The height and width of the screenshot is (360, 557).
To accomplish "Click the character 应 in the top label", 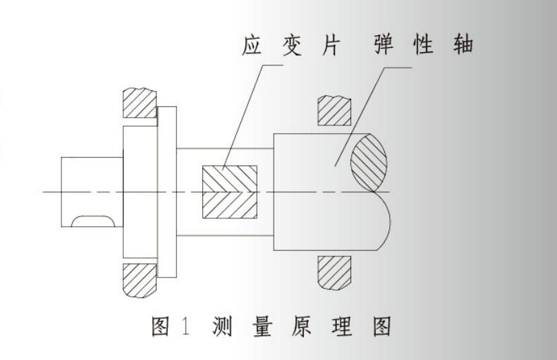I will coord(252,49).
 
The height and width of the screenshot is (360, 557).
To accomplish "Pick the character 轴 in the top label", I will coord(462,48).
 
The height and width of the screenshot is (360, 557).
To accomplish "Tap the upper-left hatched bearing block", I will coord(139,104).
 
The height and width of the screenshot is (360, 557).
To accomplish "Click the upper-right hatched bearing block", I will coord(335,110).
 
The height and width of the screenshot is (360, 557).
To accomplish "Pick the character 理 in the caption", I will coord(342,328).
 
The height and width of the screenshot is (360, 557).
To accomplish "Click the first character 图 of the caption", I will coord(161,328).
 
